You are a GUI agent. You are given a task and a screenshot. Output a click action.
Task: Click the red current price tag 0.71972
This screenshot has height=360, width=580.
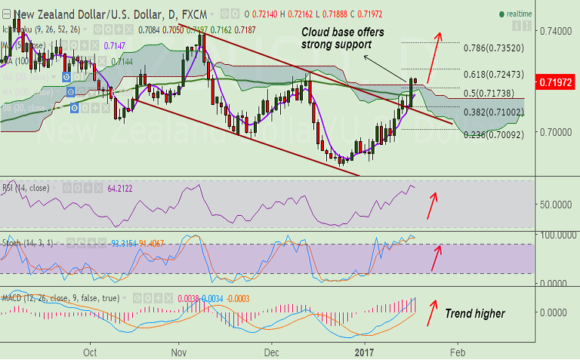point(556,82)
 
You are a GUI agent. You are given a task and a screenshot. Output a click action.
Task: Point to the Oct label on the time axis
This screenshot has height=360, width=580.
point(91,352)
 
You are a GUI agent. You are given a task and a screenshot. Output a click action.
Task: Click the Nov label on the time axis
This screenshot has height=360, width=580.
point(179,352)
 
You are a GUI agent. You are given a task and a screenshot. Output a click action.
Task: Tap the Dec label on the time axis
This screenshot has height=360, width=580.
point(272,352)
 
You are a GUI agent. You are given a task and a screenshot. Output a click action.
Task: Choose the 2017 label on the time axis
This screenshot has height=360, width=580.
point(365,352)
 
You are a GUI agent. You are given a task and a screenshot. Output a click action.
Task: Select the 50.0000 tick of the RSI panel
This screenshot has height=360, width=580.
point(556,205)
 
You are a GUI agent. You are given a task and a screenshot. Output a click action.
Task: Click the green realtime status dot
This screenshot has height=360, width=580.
point(502,14)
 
